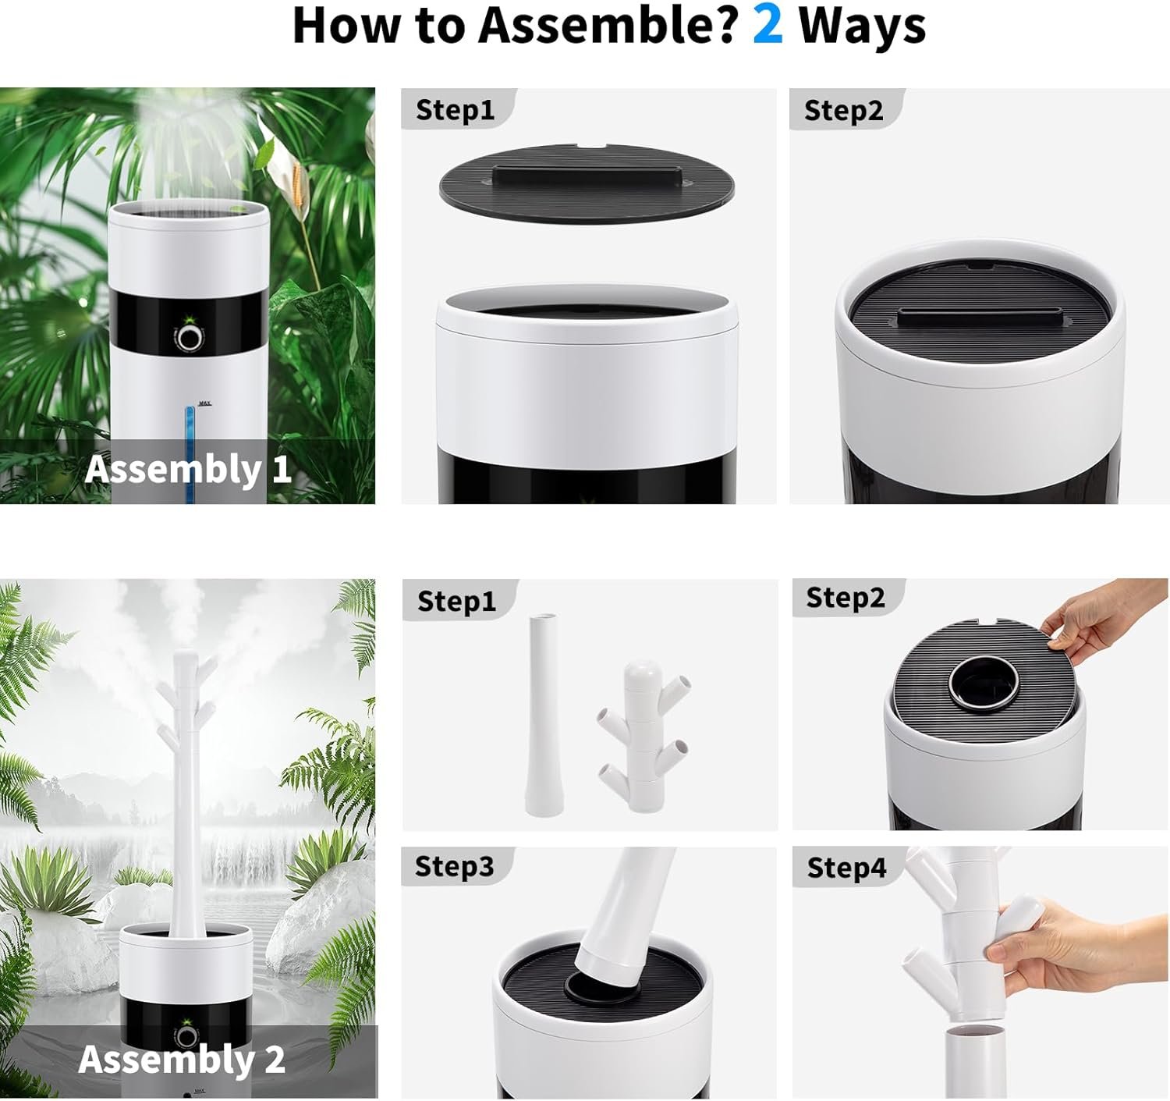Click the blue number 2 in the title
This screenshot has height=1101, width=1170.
point(768,26)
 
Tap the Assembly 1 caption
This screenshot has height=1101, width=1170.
point(188,470)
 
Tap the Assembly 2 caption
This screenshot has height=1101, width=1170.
point(182,1059)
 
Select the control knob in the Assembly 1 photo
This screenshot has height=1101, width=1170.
point(189,339)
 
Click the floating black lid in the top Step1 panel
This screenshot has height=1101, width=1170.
point(587,183)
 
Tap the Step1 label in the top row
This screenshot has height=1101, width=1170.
point(455,110)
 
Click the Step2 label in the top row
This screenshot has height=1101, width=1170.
point(843,110)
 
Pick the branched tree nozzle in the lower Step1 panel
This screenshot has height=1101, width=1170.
point(643,737)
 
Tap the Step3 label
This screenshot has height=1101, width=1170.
point(454,866)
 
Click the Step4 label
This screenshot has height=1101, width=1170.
point(846,868)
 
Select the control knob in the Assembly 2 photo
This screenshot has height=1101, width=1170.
point(186,1037)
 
